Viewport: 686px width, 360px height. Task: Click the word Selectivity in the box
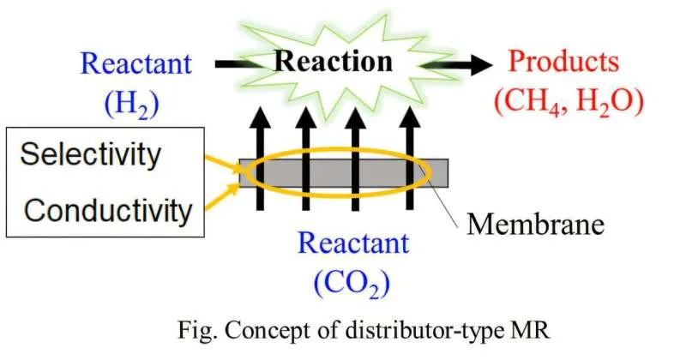(90, 155)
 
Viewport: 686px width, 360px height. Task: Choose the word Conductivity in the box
(106, 209)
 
